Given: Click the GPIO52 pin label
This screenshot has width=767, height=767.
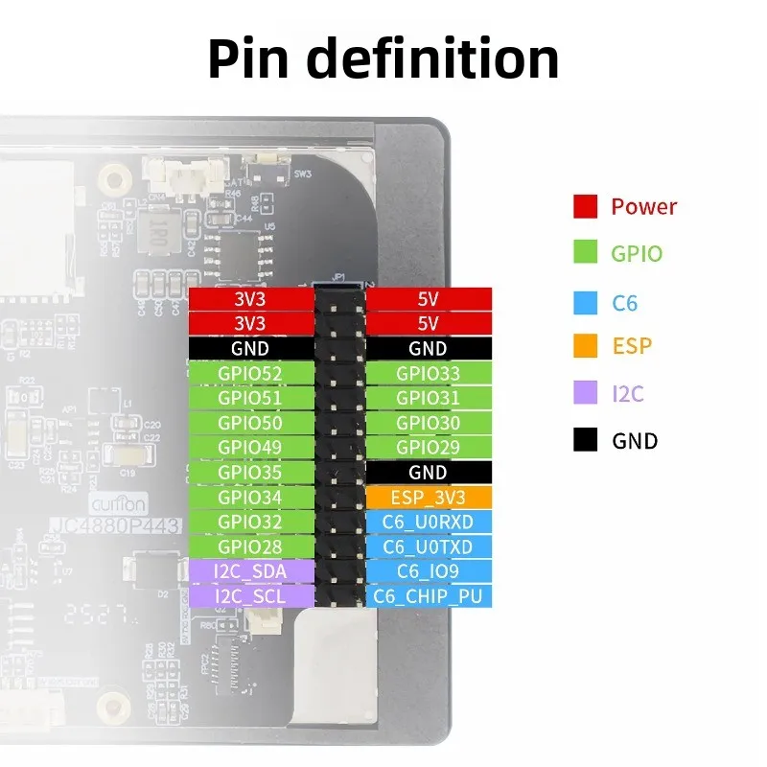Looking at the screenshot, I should tap(251, 374).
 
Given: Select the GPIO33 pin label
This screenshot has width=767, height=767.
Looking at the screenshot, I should tap(428, 374).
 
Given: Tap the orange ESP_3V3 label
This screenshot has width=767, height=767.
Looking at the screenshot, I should tap(428, 498).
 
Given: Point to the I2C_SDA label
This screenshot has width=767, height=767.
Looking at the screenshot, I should tap(251, 571).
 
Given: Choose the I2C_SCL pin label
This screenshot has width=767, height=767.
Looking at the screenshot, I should tap(251, 596).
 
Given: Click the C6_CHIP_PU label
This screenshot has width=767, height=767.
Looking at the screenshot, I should tap(428, 596).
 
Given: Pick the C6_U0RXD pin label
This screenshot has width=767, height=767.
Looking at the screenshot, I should tap(428, 523).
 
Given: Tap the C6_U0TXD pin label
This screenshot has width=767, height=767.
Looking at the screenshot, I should tap(428, 546).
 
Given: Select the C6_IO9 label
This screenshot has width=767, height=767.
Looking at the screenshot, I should tap(428, 571).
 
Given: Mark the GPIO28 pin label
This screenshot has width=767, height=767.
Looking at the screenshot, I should tap(251, 546).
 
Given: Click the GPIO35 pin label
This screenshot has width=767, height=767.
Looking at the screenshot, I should tap(251, 473).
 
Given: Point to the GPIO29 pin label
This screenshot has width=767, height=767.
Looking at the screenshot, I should tap(428, 448).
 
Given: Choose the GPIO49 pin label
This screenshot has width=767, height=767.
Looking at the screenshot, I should tap(251, 448).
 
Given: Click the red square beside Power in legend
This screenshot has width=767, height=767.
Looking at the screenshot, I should tap(586, 206).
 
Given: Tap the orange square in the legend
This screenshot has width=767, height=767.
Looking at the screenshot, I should tap(586, 346).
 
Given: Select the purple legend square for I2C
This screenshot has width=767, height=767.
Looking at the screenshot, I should tap(586, 393).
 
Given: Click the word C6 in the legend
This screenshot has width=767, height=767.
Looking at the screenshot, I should tap(624, 304).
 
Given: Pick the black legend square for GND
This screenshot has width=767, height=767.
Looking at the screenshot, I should tap(586, 441).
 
